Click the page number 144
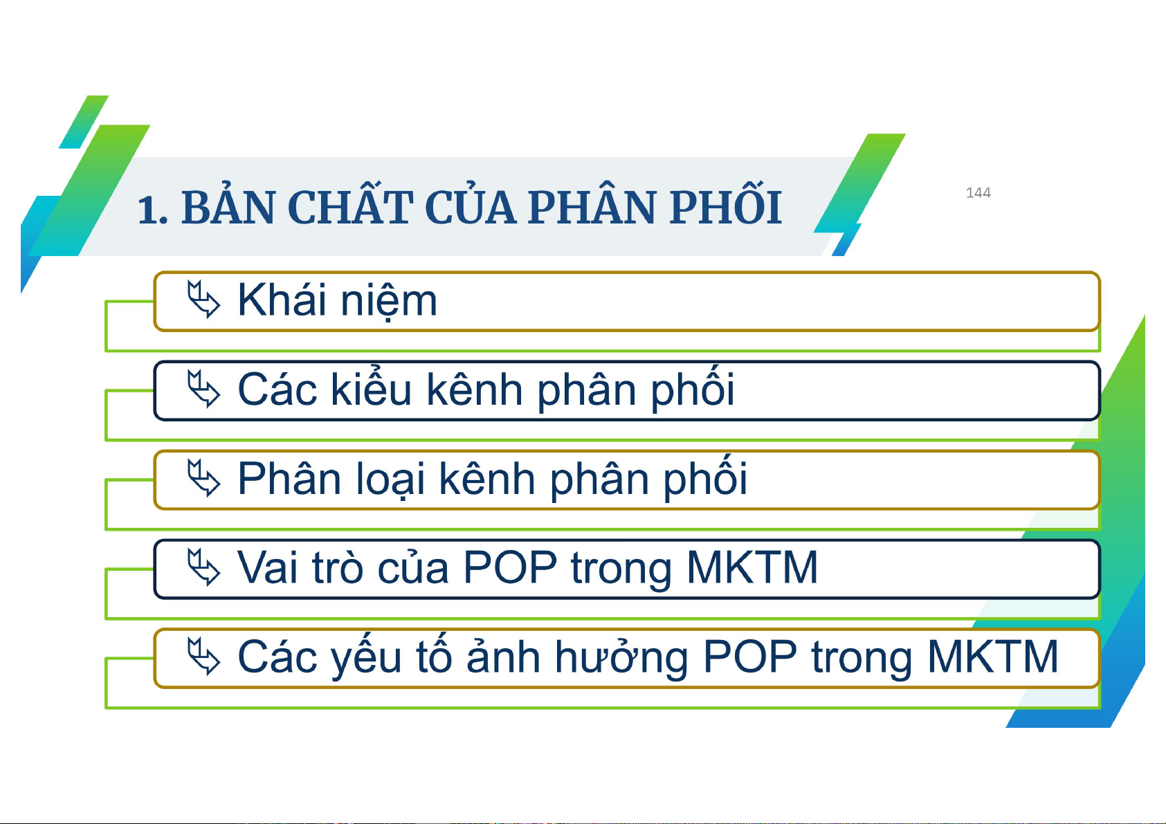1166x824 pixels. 978,192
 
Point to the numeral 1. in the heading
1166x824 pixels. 152,210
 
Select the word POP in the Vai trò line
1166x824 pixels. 510,567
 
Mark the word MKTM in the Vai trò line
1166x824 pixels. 753,567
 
